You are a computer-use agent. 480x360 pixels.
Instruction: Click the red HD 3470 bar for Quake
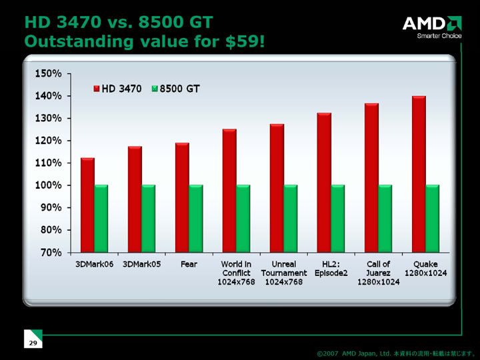tap(419, 174)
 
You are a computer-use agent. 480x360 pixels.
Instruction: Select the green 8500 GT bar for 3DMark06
tap(101, 219)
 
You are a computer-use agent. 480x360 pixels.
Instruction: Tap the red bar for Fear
tap(182, 198)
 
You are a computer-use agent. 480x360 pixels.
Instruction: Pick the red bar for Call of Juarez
tap(371, 178)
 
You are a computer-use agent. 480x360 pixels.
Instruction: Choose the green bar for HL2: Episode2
tap(338, 219)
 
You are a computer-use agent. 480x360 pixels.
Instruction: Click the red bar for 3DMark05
tap(135, 199)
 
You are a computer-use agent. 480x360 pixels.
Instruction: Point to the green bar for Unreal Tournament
tap(291, 219)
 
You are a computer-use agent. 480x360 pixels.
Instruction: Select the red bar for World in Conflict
tap(229, 191)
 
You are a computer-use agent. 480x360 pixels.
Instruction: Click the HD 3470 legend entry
tap(117, 89)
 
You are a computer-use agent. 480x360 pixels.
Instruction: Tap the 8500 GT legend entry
tap(176, 89)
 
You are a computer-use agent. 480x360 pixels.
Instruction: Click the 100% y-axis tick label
tap(49, 185)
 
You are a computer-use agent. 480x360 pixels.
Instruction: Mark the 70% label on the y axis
tap(51, 252)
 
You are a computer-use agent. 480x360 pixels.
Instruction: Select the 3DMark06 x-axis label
tap(94, 264)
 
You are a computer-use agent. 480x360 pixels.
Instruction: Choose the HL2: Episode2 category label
tap(331, 269)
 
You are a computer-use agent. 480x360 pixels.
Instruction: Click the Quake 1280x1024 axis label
tap(426, 269)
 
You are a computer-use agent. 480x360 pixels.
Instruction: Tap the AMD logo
tap(432, 27)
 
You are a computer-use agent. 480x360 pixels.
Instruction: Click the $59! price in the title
tap(245, 41)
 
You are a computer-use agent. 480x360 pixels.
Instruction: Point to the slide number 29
tap(33, 343)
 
